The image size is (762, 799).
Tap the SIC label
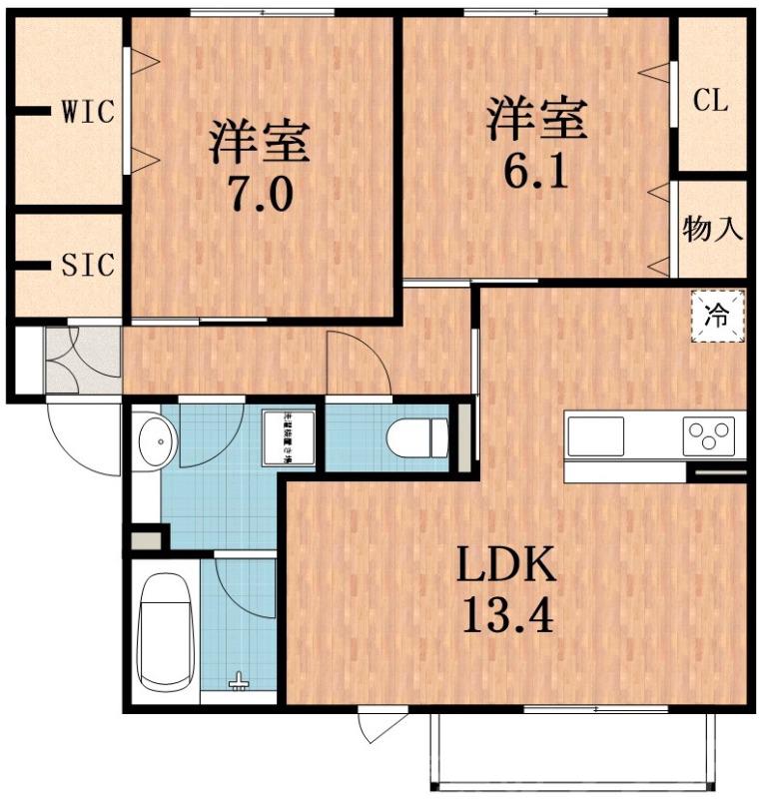point(88,266)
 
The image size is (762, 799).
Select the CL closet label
point(711,101)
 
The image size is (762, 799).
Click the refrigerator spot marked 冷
point(718,316)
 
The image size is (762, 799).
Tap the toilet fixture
point(419,437)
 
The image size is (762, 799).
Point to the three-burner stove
point(708,436)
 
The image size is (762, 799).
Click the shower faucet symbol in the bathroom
point(239,682)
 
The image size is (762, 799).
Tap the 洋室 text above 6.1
point(536,119)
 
